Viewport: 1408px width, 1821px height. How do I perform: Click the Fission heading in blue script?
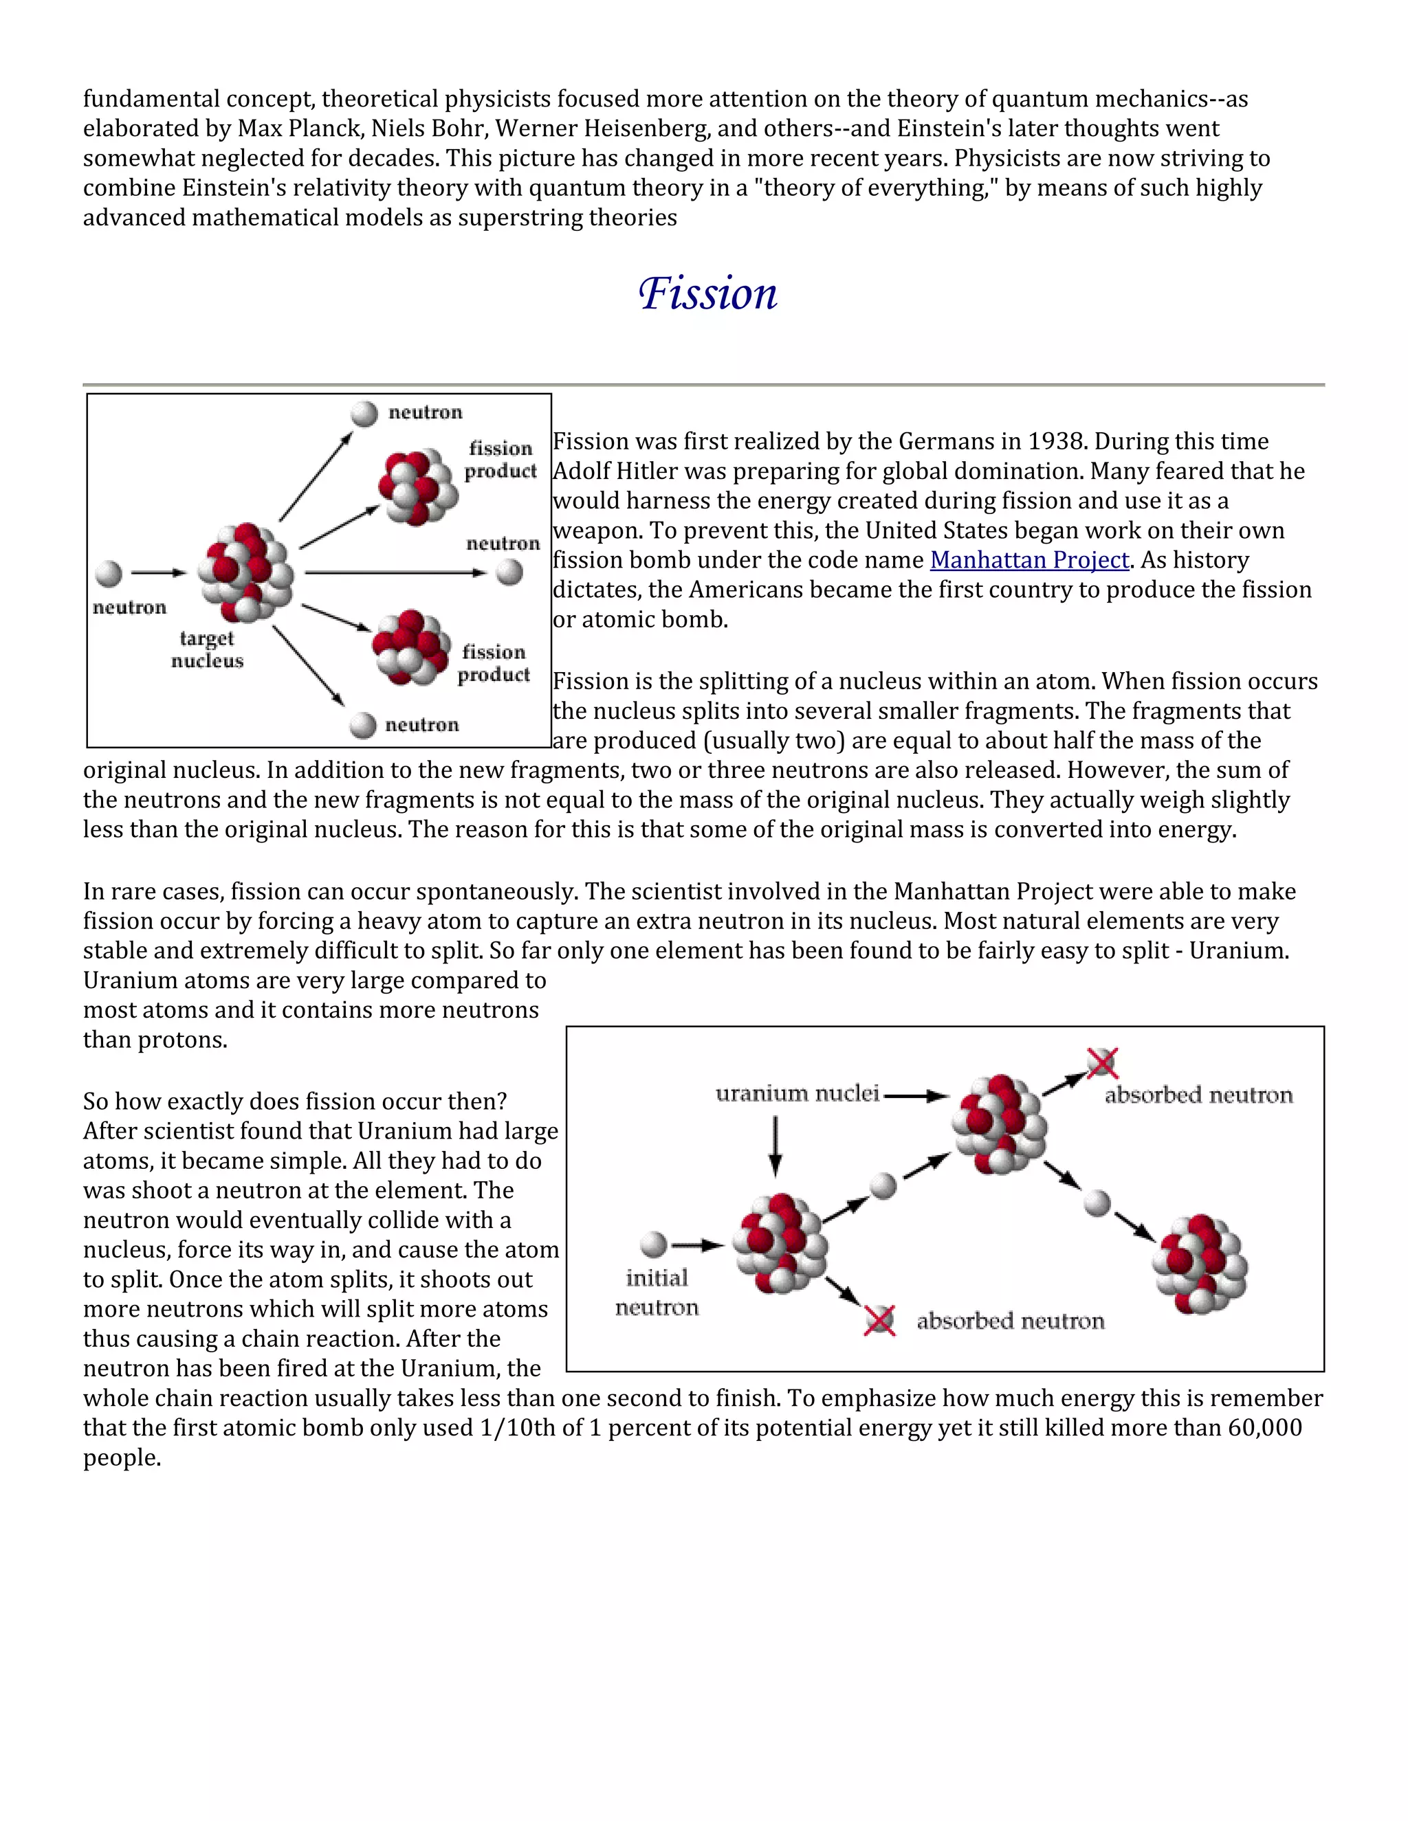pos(707,293)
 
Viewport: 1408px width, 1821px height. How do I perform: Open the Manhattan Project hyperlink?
pos(1029,560)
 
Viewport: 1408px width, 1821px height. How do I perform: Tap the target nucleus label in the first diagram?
pos(207,649)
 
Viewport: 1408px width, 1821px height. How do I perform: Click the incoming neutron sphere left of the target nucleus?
pos(109,573)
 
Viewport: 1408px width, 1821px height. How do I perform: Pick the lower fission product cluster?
pos(410,648)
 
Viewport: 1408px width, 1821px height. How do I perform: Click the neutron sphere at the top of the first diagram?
pos(364,414)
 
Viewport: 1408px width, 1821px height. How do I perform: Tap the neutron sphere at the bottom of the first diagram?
pos(363,724)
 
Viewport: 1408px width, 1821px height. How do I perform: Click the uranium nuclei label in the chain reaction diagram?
pos(797,1094)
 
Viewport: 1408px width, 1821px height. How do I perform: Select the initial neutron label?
pos(657,1293)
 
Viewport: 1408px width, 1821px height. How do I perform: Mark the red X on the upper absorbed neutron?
pos(1103,1063)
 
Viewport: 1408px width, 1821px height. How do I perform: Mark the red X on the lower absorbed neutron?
pos(879,1320)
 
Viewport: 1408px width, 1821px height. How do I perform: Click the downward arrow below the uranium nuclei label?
pos(775,1146)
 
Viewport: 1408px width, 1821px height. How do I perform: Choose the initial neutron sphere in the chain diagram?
pos(654,1245)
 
